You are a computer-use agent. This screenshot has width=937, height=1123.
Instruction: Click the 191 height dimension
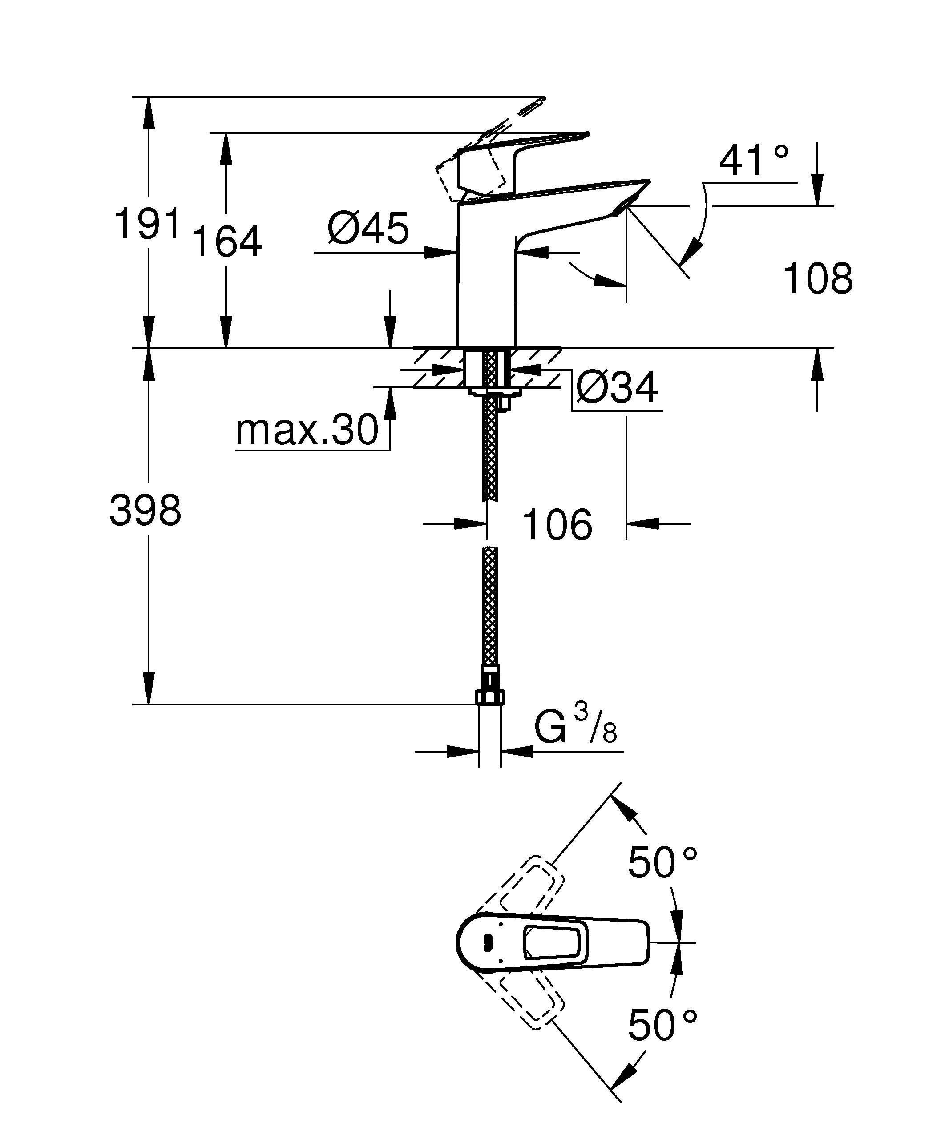click(148, 224)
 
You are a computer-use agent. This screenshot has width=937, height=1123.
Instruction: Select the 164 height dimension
click(227, 242)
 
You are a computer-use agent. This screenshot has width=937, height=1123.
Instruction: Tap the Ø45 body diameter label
click(368, 228)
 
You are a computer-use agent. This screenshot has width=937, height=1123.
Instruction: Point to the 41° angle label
click(754, 160)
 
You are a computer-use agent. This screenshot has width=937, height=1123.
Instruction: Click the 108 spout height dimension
click(818, 278)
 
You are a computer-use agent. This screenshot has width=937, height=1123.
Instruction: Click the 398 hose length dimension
click(145, 510)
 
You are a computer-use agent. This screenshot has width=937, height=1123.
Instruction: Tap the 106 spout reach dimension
click(557, 525)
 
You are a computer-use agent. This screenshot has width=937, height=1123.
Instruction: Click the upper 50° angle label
click(662, 862)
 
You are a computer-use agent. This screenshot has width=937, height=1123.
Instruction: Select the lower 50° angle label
click(662, 1026)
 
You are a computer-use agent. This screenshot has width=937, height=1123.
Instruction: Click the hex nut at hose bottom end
click(490, 697)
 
